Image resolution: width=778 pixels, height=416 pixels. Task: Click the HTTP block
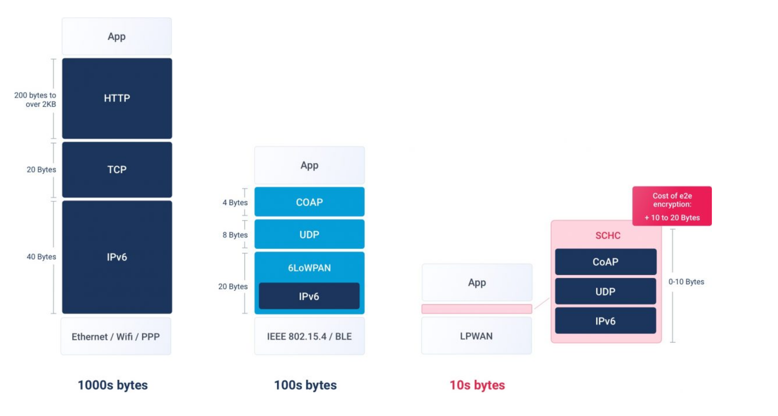pyautogui.click(x=117, y=98)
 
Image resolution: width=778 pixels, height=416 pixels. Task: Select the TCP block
pyautogui.click(x=117, y=170)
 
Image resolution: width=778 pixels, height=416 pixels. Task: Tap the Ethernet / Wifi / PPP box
pyautogui.click(x=116, y=337)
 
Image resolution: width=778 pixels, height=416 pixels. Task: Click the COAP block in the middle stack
pyautogui.click(x=309, y=202)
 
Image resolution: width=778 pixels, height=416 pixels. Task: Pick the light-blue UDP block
pyautogui.click(x=309, y=234)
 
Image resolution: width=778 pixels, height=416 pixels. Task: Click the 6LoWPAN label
pyautogui.click(x=309, y=268)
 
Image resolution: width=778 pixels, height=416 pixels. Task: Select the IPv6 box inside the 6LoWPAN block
pyautogui.click(x=309, y=296)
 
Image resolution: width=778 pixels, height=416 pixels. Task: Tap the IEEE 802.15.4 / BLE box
pyautogui.click(x=309, y=336)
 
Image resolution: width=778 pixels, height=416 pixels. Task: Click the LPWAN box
pyautogui.click(x=477, y=336)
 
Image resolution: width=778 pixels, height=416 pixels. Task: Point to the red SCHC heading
pyautogui.click(x=608, y=235)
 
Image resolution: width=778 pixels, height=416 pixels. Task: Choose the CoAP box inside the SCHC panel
pyautogui.click(x=606, y=262)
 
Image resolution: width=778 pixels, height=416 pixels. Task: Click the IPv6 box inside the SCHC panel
pyautogui.click(x=606, y=321)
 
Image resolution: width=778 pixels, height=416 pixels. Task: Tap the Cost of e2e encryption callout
pyautogui.click(x=672, y=206)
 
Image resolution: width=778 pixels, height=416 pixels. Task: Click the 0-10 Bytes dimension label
pyautogui.click(x=686, y=282)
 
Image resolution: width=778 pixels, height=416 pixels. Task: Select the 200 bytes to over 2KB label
pyautogui.click(x=35, y=100)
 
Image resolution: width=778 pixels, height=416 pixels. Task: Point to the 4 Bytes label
pyautogui.click(x=235, y=202)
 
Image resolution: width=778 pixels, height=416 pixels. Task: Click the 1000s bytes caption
pyautogui.click(x=113, y=385)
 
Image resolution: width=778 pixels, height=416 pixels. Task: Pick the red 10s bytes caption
pyautogui.click(x=477, y=385)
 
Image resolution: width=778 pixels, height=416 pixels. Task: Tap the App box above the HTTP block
pyautogui.click(x=117, y=36)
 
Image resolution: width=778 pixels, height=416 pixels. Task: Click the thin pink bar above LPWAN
pyautogui.click(x=477, y=309)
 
